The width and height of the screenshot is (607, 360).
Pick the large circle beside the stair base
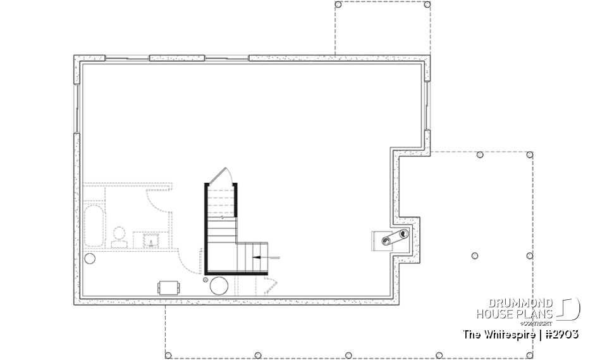219,285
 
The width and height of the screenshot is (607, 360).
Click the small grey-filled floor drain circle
205,279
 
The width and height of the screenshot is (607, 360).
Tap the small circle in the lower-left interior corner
90,258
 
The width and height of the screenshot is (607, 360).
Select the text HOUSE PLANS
514,314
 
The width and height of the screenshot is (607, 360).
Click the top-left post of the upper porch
338,4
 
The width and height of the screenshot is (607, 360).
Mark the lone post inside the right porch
475,256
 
